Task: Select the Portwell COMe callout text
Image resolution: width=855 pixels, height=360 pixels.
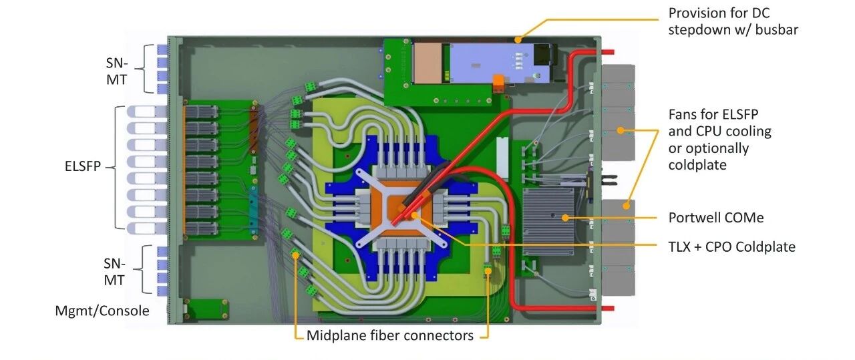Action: [715, 218]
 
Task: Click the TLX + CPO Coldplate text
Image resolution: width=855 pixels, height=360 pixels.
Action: [731, 247]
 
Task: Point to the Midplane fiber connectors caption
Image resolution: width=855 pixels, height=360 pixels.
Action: [390, 335]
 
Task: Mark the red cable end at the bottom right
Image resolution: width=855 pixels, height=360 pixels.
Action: [608, 309]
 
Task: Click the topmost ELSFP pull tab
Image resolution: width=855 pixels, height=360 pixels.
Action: [142, 112]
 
